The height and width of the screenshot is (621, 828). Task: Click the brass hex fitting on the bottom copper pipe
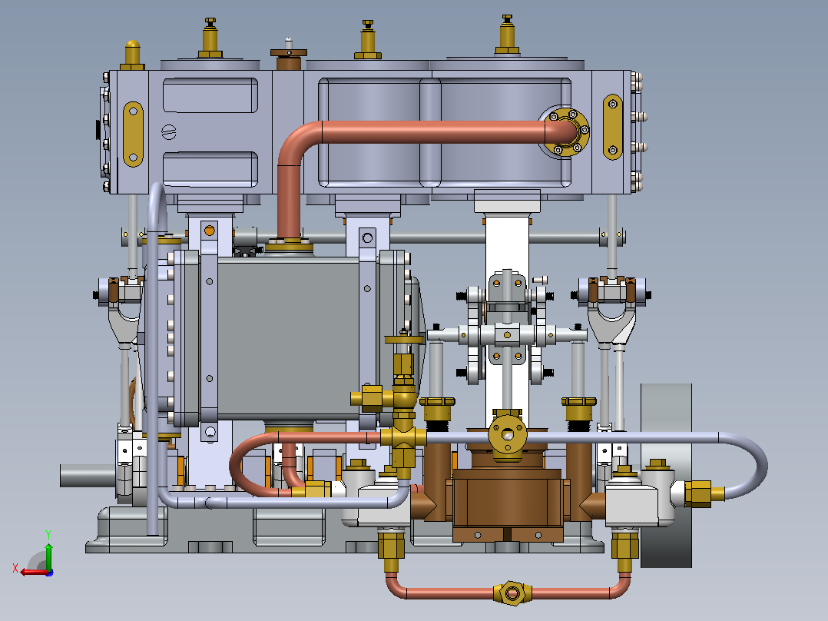click(x=512, y=593)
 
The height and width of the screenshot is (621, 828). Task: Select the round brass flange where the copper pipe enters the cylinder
click(x=565, y=132)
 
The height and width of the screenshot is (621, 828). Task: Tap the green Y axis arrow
click(x=48, y=550)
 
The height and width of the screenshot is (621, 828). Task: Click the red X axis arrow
click(x=33, y=572)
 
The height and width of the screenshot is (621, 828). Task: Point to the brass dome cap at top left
click(x=132, y=55)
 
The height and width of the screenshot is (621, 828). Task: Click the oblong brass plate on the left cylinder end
click(x=133, y=134)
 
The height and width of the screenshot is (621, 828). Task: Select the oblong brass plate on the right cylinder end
click(x=613, y=127)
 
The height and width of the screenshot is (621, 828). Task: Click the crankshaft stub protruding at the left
click(x=87, y=476)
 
